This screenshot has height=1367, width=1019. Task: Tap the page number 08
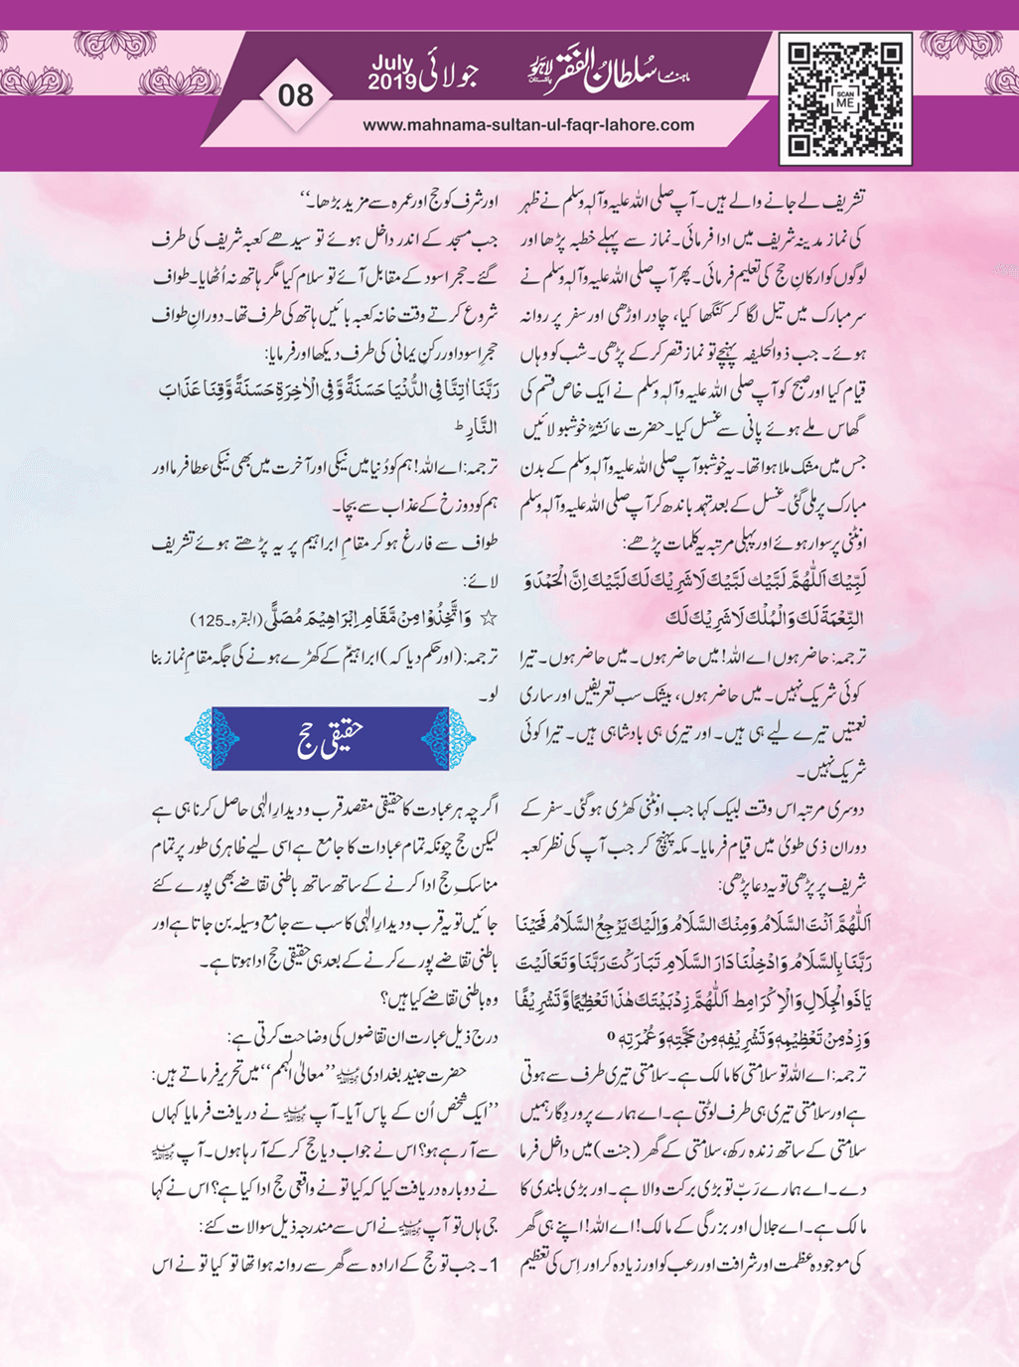(296, 95)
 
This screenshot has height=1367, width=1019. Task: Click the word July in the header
(394, 66)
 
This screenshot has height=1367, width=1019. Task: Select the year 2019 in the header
(394, 82)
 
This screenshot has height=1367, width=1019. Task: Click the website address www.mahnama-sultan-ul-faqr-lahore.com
(528, 125)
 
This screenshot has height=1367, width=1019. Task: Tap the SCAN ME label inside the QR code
(845, 99)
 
